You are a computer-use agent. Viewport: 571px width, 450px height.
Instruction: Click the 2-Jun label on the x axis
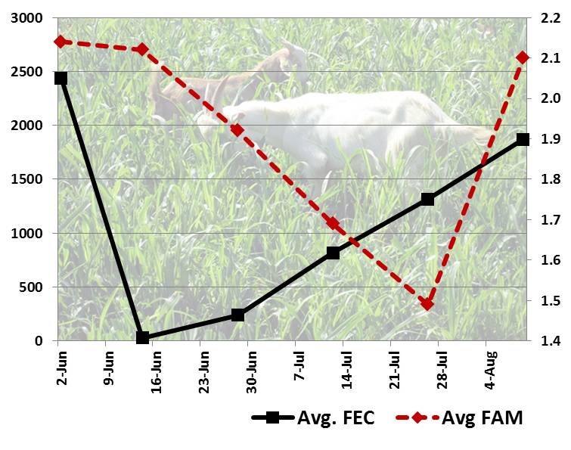(59, 371)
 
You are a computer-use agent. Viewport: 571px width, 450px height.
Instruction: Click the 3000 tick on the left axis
(26, 17)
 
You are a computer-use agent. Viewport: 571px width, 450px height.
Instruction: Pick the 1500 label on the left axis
(26, 179)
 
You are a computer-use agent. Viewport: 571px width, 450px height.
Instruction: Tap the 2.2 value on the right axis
(550, 17)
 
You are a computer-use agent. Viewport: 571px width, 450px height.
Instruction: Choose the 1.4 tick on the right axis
(550, 341)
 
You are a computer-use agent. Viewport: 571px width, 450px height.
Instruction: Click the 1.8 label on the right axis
(550, 179)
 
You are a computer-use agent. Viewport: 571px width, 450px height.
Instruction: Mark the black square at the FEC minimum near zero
(142, 337)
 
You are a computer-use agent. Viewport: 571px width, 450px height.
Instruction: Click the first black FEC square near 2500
(61, 78)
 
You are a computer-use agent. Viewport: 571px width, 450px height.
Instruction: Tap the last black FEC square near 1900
(523, 139)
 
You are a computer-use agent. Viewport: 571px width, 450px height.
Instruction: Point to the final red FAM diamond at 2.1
(523, 57)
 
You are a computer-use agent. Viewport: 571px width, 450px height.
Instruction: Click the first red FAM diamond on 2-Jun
(61, 42)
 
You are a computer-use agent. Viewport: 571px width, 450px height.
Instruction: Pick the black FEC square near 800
(333, 253)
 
